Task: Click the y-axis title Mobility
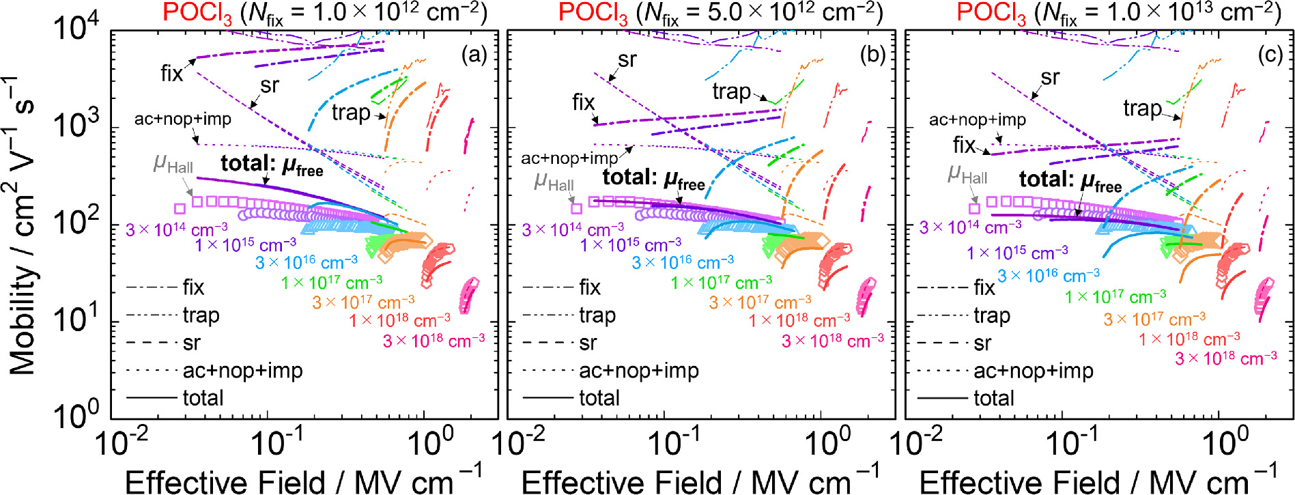(x=22, y=225)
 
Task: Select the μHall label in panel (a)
(x=173, y=164)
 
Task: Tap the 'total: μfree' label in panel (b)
(x=653, y=179)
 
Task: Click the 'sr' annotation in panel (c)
(x=1050, y=77)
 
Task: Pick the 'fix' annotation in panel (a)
(x=171, y=73)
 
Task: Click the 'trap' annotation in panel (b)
(x=731, y=91)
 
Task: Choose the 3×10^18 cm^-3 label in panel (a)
(x=433, y=340)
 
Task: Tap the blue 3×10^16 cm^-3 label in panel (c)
(x=1049, y=275)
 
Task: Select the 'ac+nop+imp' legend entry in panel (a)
(x=242, y=371)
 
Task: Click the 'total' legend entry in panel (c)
(x=993, y=398)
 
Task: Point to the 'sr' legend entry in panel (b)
(x=587, y=343)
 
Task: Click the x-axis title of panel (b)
(x=700, y=481)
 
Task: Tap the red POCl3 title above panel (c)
(x=991, y=14)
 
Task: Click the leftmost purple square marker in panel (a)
(x=180, y=209)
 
